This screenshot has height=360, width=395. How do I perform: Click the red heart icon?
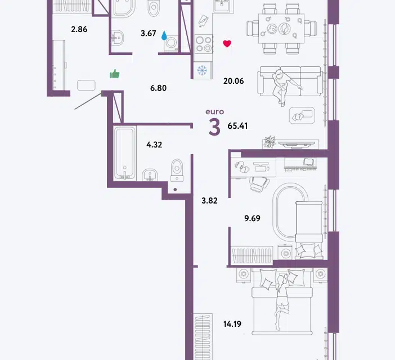click(227, 44)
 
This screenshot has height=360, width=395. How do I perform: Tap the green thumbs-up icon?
click(115, 74)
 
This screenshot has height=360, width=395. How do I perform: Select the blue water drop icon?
click(164, 35)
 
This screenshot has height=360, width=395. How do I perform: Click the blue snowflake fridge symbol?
click(202, 70)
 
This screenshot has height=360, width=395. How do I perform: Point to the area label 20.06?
click(234, 81)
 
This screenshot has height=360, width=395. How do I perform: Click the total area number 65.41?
click(237, 125)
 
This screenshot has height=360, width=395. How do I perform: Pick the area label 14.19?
click(232, 324)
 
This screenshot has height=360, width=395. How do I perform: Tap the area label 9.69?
click(252, 218)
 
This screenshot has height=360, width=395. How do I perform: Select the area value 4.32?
click(154, 145)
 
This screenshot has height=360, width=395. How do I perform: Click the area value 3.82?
click(209, 200)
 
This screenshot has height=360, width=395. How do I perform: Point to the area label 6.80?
click(158, 88)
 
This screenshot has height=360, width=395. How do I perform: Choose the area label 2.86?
click(79, 29)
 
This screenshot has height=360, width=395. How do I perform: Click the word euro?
click(214, 111)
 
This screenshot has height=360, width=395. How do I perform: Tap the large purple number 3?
click(214, 127)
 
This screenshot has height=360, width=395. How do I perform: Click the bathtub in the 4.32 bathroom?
click(125, 154)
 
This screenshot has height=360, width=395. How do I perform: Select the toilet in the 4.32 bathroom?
click(177, 170)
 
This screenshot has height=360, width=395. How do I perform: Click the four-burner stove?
click(204, 44)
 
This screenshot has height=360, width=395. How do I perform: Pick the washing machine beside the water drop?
click(171, 43)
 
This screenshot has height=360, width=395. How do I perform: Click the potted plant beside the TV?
click(270, 142)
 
